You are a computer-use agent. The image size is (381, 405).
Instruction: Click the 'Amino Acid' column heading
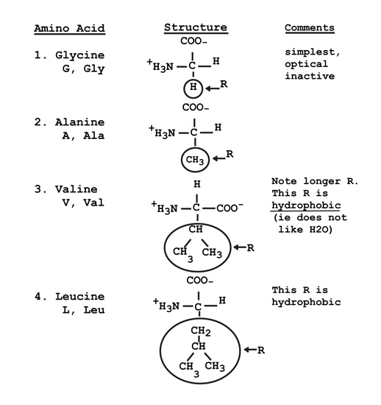(x=70, y=29)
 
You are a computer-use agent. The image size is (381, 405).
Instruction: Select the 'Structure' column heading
(x=196, y=27)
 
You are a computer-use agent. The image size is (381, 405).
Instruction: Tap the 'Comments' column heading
(x=310, y=28)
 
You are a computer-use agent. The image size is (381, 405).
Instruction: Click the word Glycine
(x=79, y=55)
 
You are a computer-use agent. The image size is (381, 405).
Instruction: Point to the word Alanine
(x=79, y=122)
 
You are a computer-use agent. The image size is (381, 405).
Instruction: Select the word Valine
(x=76, y=189)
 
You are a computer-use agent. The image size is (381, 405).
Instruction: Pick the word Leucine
(x=80, y=296)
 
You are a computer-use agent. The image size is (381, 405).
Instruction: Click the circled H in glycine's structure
(x=193, y=88)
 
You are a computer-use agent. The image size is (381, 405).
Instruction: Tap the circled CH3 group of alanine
(x=195, y=160)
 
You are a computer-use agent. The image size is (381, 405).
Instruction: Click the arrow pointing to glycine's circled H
(x=212, y=88)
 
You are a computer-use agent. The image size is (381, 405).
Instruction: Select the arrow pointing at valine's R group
(x=240, y=247)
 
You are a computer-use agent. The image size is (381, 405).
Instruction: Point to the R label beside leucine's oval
(x=261, y=351)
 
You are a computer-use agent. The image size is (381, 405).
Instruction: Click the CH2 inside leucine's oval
(x=201, y=331)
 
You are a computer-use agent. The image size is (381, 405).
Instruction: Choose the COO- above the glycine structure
(x=193, y=41)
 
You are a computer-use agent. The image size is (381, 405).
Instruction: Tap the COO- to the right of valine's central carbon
(x=229, y=208)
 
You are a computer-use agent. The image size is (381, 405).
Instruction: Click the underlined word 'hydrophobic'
(x=306, y=205)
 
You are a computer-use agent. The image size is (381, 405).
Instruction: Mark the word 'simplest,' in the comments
(x=313, y=52)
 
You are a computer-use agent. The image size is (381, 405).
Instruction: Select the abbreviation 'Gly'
(x=94, y=68)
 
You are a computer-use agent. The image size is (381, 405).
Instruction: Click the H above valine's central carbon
(x=197, y=184)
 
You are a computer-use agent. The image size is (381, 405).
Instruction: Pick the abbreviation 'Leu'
(x=94, y=310)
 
